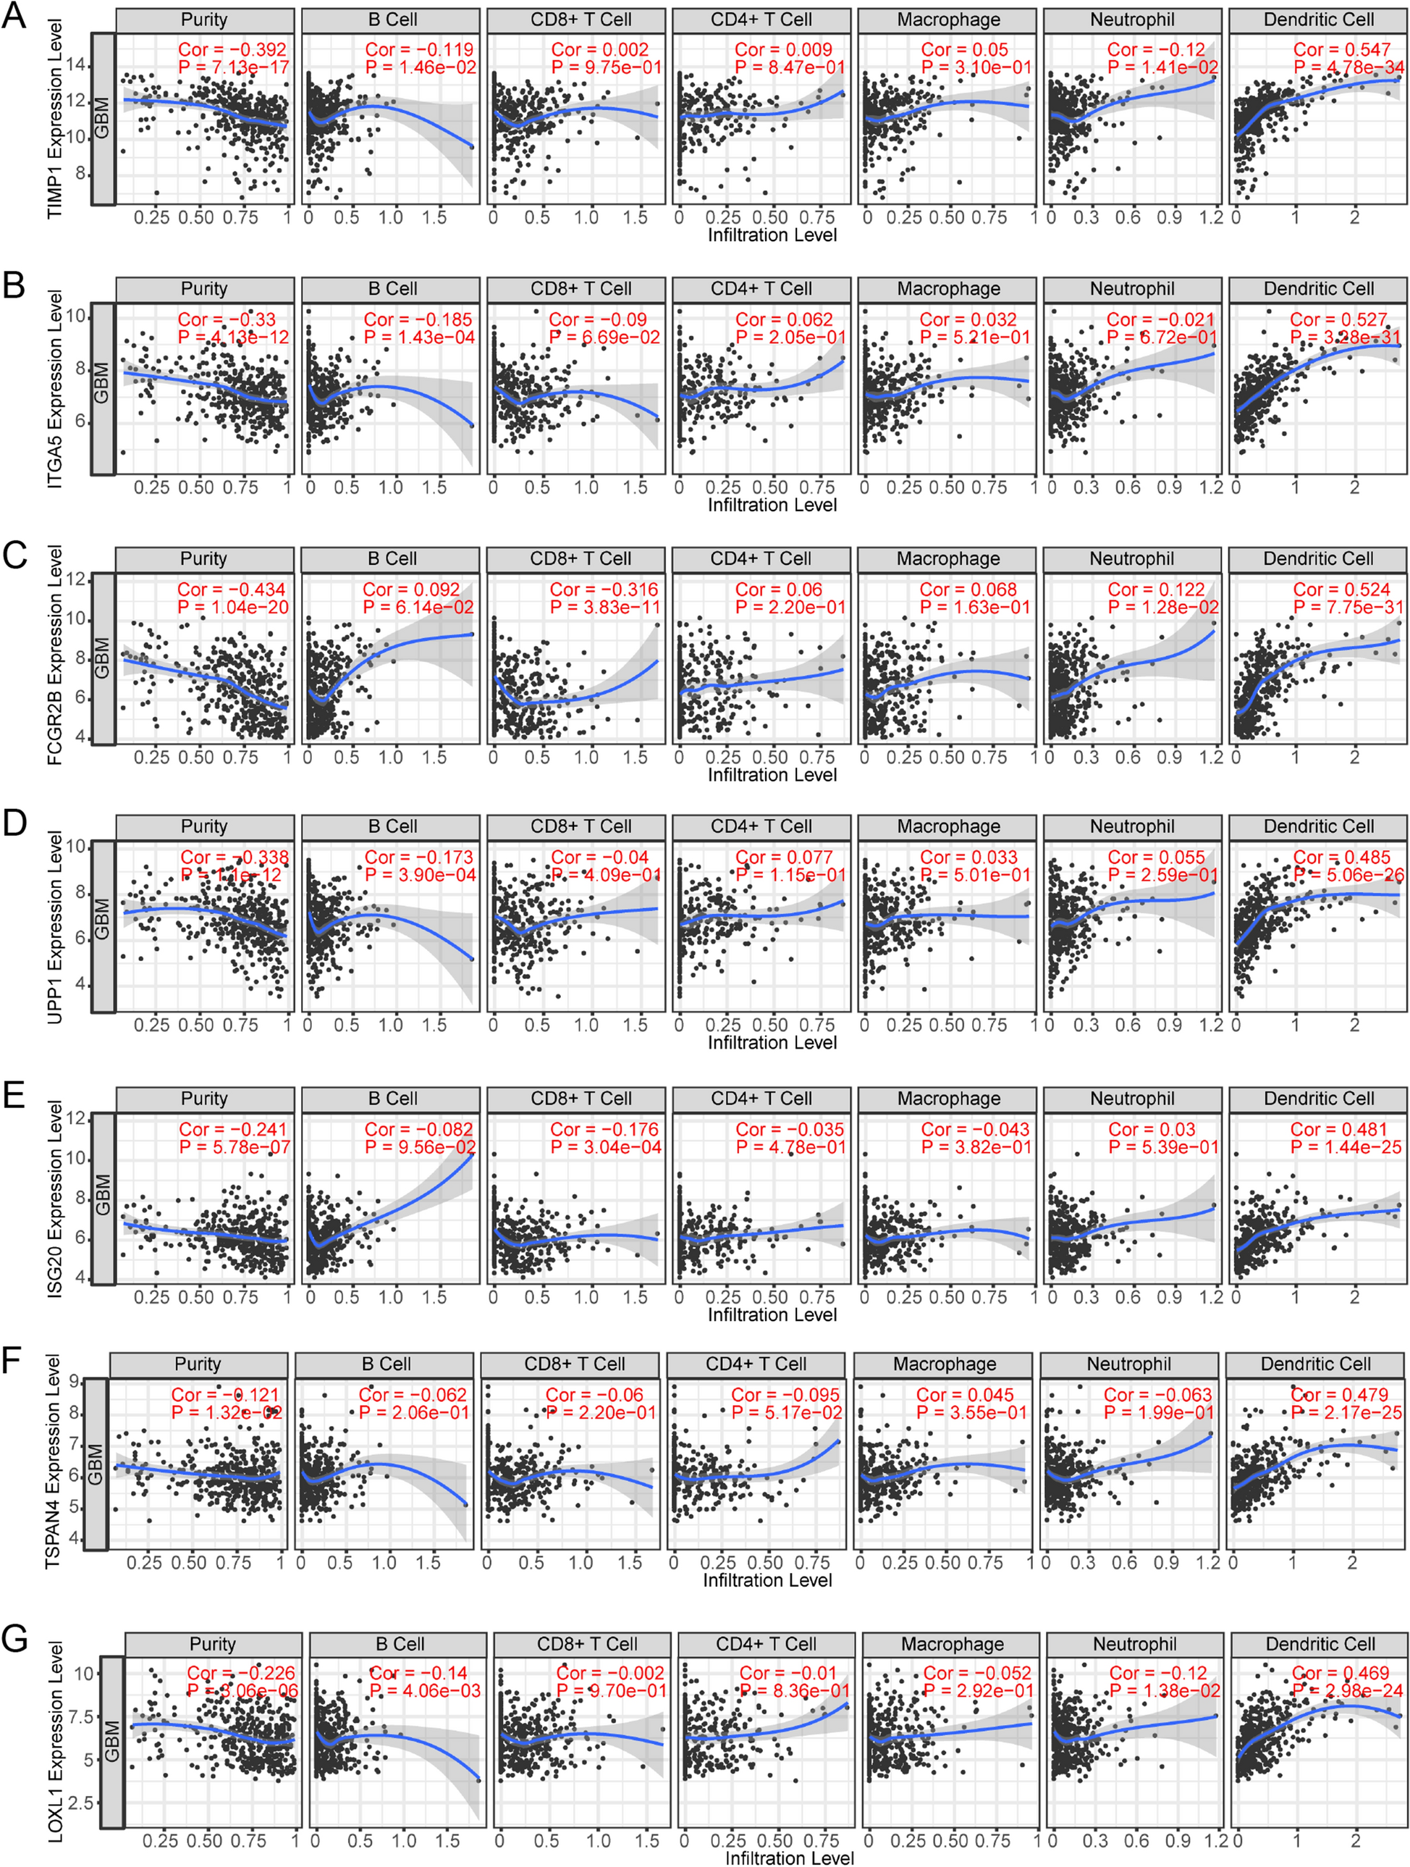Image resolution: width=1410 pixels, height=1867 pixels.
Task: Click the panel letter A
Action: (14, 16)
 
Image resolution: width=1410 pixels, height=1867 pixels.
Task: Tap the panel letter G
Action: (15, 1638)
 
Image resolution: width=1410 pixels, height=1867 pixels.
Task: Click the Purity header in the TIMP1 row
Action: (204, 20)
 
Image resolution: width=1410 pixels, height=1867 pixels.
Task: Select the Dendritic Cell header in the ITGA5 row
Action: (1318, 289)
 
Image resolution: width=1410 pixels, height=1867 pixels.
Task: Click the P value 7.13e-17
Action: (233, 67)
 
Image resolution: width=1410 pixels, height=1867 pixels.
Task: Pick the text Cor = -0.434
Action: (230, 589)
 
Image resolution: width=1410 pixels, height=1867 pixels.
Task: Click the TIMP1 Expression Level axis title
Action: (55, 118)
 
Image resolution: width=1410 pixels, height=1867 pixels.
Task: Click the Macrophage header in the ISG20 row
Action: (948, 1098)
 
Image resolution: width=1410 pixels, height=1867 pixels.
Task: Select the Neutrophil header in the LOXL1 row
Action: (1134, 1644)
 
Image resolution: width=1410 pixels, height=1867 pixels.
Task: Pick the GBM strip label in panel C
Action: (102, 658)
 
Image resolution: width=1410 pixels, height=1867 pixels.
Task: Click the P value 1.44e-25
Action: (1345, 1147)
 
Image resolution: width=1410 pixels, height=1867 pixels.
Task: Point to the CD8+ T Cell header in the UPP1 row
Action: (581, 826)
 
